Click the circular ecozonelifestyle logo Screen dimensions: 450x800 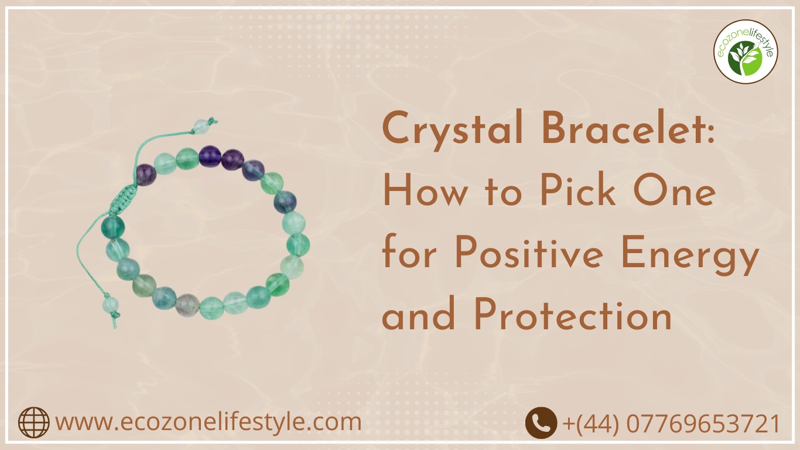coord(746,52)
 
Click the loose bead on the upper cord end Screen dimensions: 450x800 coord(200,125)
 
